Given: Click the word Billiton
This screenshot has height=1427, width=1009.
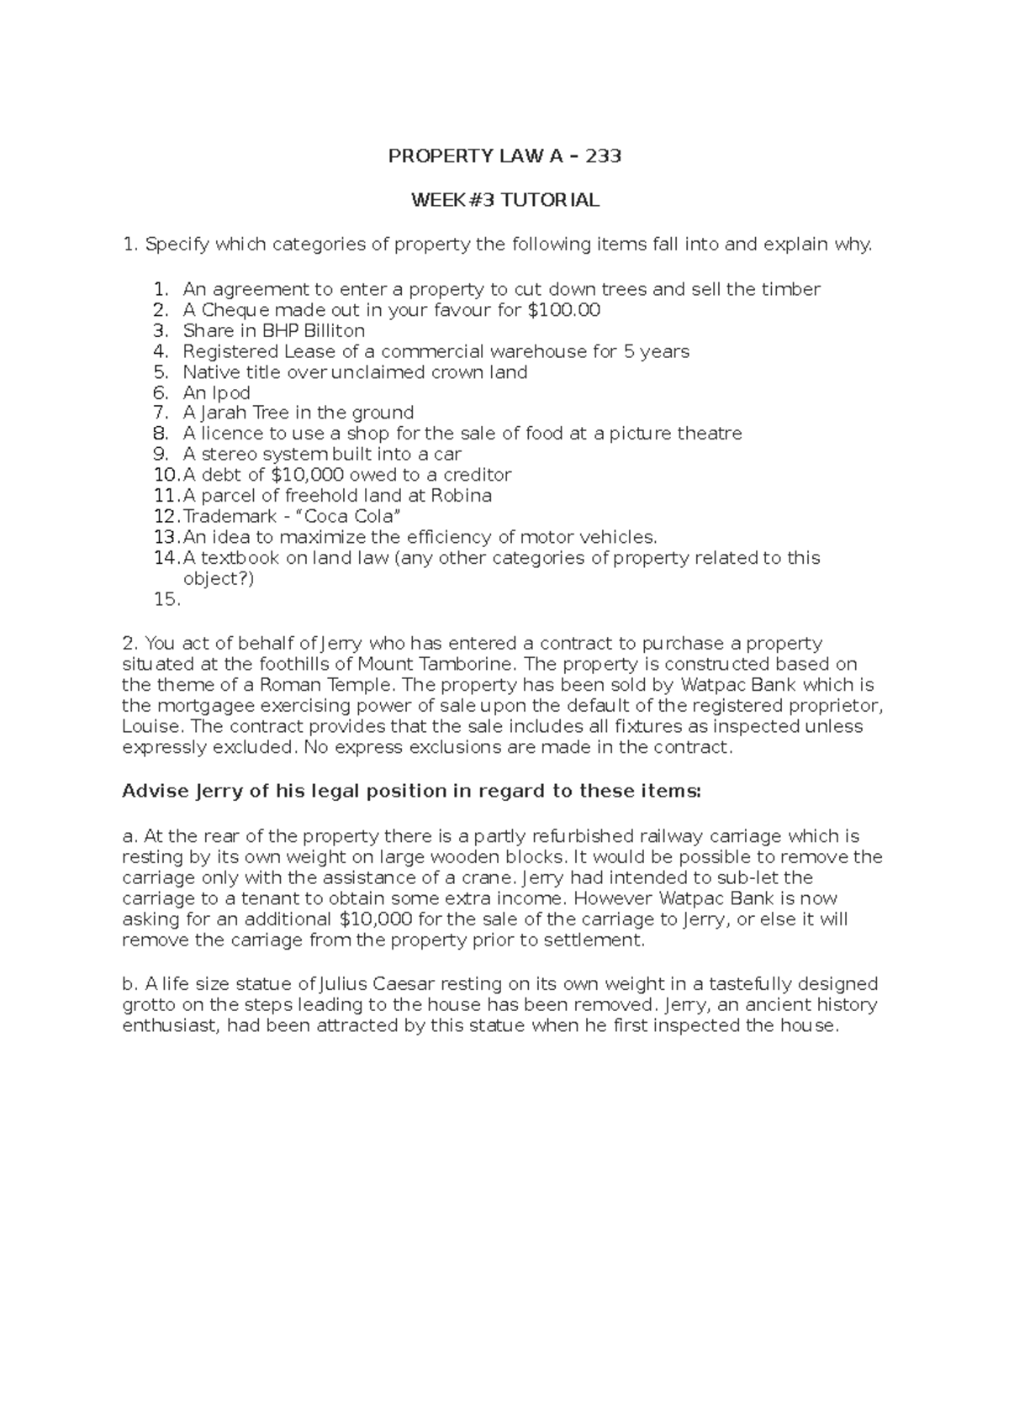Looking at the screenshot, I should point(334,330).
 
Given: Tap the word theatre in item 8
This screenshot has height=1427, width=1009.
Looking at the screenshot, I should point(710,434).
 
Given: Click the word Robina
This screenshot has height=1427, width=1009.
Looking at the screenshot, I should point(461,496).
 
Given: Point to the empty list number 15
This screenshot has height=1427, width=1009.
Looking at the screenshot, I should point(166,599).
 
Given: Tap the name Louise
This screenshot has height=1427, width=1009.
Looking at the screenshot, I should point(151,726).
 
